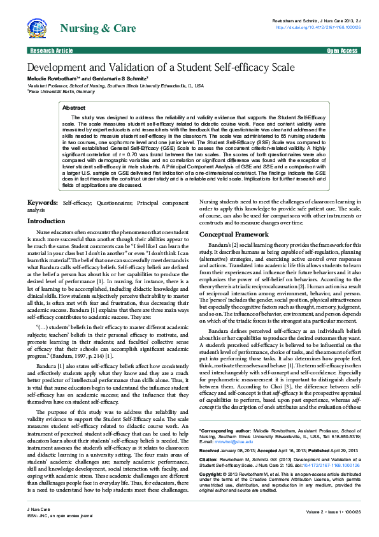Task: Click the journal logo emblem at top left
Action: [38, 28]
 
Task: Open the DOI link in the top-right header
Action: [318, 27]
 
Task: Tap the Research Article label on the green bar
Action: [51, 50]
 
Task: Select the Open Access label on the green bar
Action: [343, 50]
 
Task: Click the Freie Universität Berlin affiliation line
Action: [61, 91]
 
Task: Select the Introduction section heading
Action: [50, 221]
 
